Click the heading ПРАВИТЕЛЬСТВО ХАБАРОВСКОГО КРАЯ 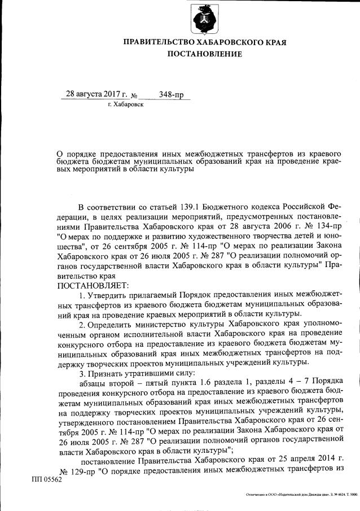(x=204, y=42)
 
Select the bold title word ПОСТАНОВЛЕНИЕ (x=204, y=54)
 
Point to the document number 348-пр (x=172, y=94)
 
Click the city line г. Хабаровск (x=125, y=105)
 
